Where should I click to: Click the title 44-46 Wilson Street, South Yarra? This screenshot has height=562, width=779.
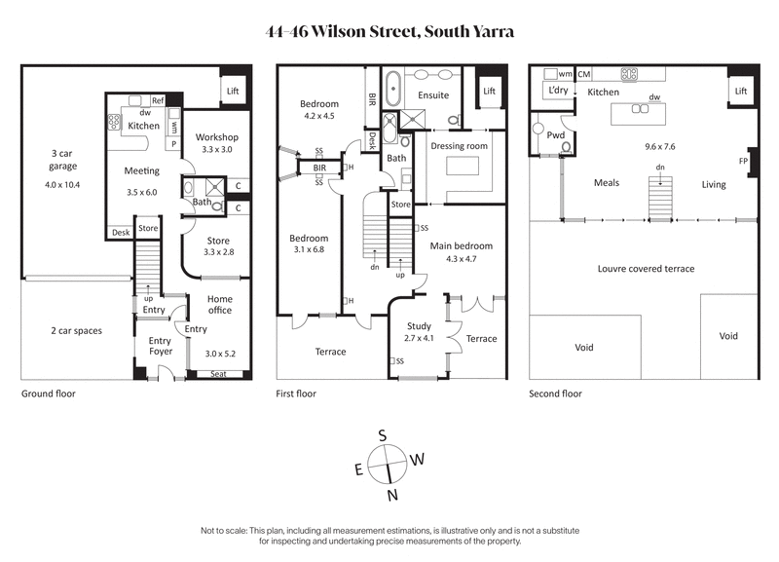389,31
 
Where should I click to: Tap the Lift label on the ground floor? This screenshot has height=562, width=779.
232,92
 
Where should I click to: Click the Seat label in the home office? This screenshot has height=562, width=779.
219,374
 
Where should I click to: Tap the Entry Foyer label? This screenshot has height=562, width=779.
160,346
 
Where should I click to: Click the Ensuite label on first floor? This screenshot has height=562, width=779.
432,95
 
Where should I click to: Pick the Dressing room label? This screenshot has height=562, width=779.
458,145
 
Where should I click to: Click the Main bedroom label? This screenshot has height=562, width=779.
462,245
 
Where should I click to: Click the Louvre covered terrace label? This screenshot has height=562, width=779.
646,268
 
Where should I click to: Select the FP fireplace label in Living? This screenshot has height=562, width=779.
743,161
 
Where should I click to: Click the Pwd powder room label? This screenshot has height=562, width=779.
556,135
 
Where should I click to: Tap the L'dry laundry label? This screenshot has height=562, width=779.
558,92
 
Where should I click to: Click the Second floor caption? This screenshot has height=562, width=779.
555,394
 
